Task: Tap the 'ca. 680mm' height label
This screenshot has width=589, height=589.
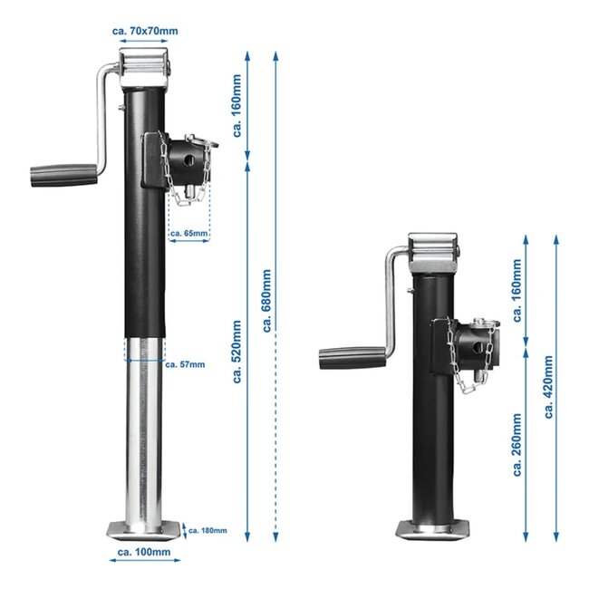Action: (266, 299)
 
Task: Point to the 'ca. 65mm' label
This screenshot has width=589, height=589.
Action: (188, 234)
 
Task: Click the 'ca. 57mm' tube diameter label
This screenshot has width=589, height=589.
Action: (186, 364)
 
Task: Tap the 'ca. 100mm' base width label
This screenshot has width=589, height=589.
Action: (144, 550)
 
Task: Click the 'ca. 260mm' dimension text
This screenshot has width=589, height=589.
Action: (517, 444)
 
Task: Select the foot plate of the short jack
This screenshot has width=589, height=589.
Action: (436, 527)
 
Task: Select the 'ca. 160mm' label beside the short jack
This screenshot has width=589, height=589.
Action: (517, 292)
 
